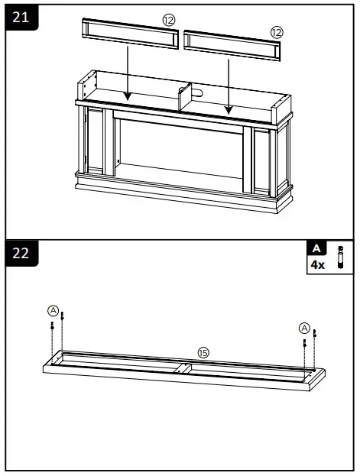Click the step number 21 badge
point(21,17)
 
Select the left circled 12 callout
point(169,18)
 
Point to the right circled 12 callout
point(276,32)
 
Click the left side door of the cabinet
point(95,145)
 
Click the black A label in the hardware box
point(316,249)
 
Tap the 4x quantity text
point(316,264)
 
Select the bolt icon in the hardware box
point(341,257)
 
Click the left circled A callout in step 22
point(53,310)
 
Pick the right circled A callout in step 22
point(304,327)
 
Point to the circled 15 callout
point(203,352)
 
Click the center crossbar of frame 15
point(183,368)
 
